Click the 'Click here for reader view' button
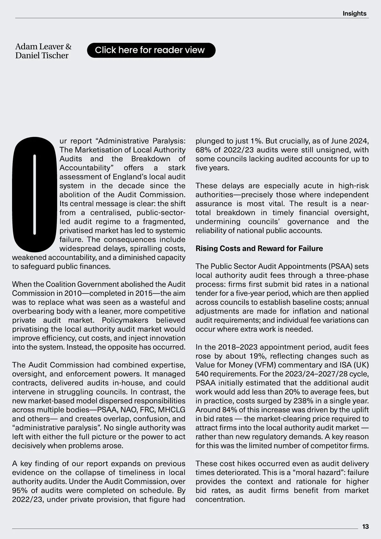tap(151, 50)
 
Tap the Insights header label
tap(354, 13)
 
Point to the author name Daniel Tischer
tap(42, 56)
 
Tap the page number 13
tap(365, 527)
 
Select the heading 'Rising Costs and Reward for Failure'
tap(259, 249)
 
